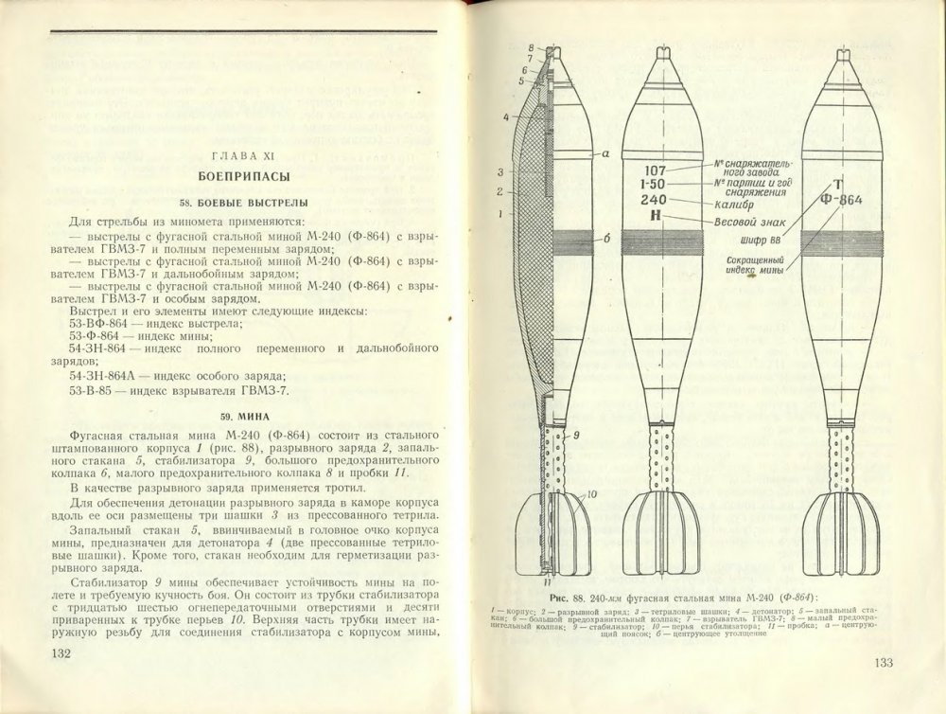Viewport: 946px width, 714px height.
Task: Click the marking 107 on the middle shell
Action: (654, 170)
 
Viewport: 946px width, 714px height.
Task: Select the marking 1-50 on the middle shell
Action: (654, 185)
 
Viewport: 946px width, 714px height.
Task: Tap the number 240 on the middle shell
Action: (654, 200)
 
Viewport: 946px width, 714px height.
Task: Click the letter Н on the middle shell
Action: (654, 216)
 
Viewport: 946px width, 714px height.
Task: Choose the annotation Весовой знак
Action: (752, 222)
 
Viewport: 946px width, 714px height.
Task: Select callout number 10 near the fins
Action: (590, 494)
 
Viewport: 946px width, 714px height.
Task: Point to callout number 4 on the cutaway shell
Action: (506, 117)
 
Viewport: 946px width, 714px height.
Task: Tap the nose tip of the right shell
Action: (841, 53)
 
